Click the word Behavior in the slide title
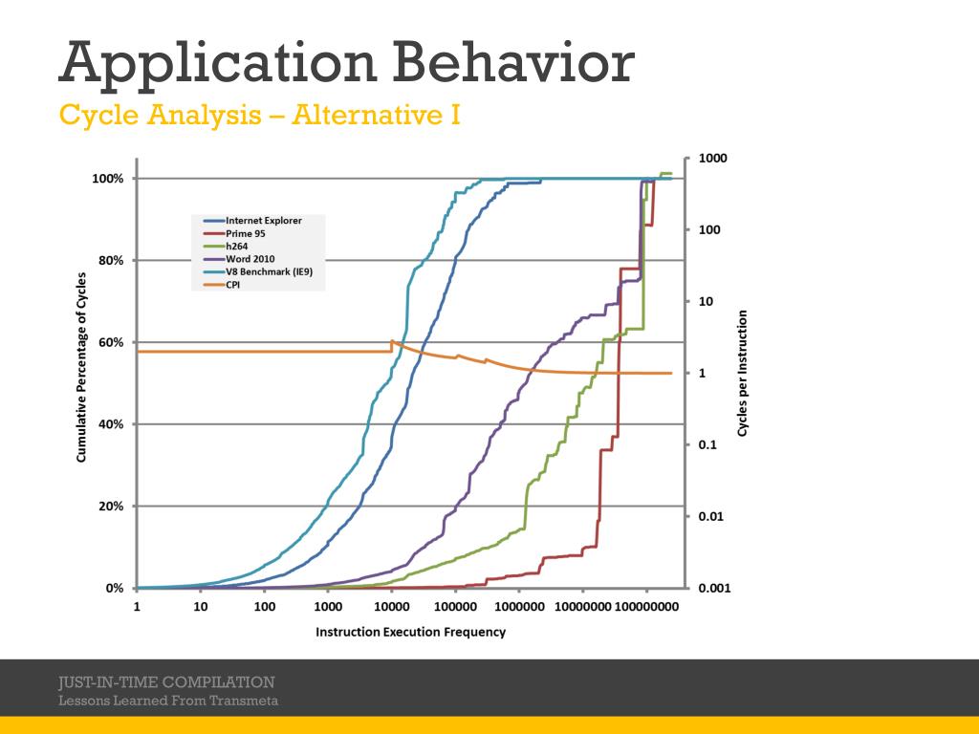coord(513,63)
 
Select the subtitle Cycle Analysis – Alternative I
coord(260,116)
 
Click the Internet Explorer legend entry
coord(263,221)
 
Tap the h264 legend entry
coord(238,246)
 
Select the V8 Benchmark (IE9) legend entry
coord(270,271)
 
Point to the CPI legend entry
coord(233,284)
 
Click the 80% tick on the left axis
coord(108,261)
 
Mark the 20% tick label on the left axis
coord(108,507)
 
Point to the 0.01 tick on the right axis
coord(711,517)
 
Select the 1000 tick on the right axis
coord(712,159)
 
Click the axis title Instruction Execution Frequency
coord(411,632)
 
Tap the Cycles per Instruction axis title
coord(743,374)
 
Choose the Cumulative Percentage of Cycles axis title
coord(82,368)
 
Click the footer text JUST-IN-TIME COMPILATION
coord(166,682)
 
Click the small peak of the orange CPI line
coord(392,341)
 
